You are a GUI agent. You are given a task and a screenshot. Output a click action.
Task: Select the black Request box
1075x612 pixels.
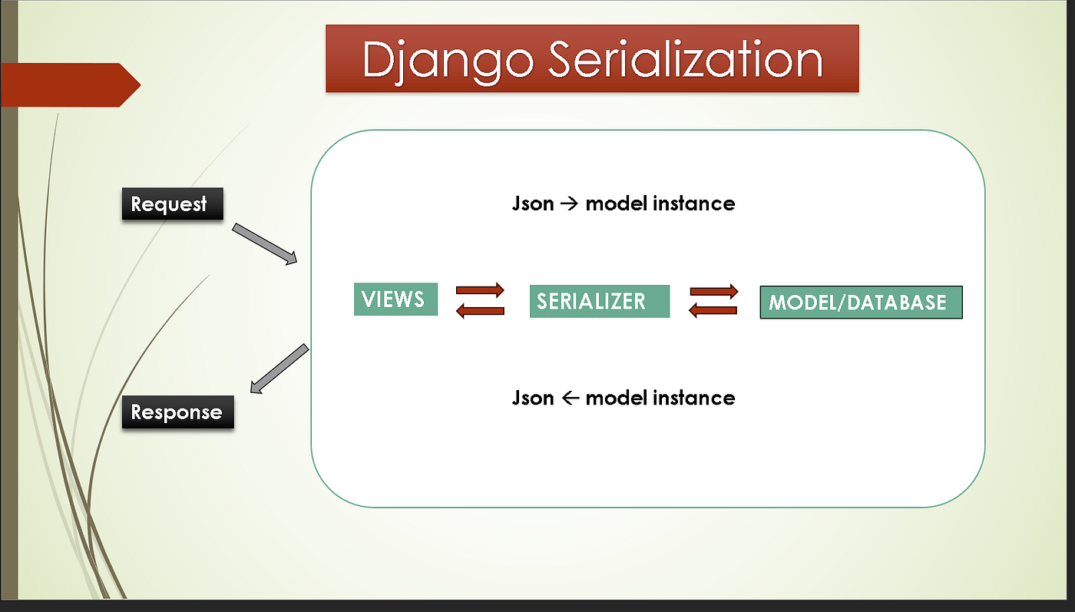173,204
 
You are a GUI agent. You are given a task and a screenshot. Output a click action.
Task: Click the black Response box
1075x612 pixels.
178,412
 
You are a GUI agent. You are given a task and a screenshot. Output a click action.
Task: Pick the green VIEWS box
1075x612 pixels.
396,299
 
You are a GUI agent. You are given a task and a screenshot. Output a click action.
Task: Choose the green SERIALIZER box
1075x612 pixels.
600,301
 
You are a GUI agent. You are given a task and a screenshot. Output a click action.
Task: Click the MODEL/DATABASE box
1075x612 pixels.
861,302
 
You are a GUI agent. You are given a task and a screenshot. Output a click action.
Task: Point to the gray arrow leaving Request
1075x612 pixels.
265,244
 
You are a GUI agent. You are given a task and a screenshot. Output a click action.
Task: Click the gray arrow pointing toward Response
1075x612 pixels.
279,369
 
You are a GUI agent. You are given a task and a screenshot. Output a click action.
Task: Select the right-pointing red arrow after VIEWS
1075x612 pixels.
480,289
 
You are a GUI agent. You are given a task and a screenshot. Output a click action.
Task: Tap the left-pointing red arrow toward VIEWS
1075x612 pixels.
480,311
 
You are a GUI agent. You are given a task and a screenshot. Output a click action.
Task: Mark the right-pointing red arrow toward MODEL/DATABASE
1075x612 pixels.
713,291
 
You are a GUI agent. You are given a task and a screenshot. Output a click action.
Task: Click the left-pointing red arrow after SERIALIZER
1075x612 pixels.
713,310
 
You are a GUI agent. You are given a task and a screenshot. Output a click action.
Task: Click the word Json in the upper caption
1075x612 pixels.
533,203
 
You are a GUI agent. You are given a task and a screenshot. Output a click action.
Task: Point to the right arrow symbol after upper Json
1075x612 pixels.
570,204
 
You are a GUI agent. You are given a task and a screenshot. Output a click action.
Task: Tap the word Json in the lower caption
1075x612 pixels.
533,398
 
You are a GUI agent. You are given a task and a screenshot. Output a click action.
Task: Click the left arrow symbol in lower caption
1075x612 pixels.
570,399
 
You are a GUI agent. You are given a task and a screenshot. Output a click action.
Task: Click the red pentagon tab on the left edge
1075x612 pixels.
71,85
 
